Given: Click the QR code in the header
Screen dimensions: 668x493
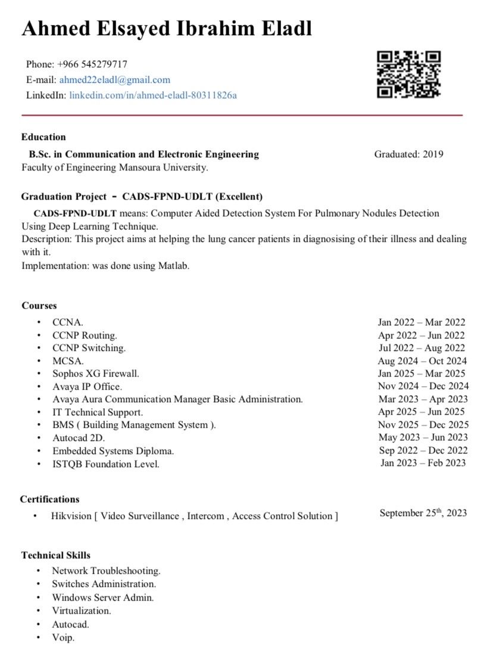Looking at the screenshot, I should (408, 74).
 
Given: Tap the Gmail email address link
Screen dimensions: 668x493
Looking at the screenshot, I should (115, 80).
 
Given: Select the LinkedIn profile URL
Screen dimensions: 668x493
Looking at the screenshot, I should (153, 95).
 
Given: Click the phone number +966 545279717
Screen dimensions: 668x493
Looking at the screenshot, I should (92, 64).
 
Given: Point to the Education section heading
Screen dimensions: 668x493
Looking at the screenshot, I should (43, 137).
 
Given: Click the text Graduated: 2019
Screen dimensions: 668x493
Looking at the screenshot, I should (408, 154).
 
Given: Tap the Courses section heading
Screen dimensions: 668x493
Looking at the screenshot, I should (39, 306).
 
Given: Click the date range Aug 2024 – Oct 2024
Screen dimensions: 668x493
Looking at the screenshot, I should (422, 361).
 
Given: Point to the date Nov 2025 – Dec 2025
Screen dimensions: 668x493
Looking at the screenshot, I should (423, 425).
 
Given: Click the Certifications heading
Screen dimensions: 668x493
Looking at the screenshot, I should (49, 499).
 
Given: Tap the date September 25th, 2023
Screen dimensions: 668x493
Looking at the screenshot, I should (423, 513).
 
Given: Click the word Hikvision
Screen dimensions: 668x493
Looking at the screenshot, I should (71, 516).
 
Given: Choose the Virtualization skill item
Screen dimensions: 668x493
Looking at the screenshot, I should (81, 611).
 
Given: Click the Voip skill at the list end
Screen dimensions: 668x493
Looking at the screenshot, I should (63, 638).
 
